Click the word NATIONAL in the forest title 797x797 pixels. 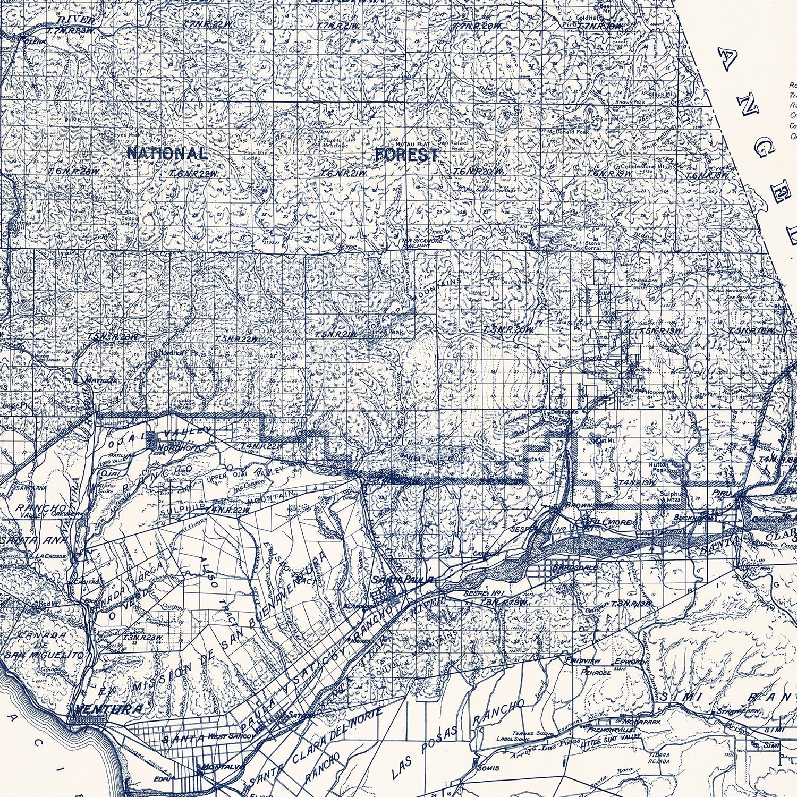tap(166, 154)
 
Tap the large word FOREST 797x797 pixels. tap(407, 155)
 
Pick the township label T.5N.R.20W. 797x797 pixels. tap(507, 330)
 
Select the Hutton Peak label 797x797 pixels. tap(659, 467)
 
